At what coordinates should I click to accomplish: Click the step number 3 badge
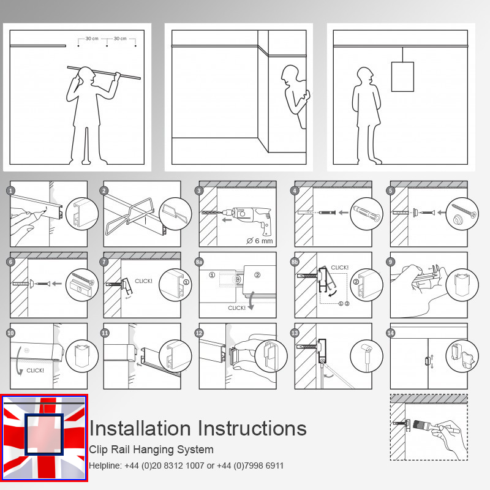pos(199,190)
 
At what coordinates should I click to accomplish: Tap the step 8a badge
pos(199,262)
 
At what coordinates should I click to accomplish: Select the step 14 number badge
pos(391,333)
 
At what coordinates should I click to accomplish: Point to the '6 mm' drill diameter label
pos(260,241)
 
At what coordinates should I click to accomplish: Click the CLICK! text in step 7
pos(143,281)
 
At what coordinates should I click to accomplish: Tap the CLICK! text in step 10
pos(35,371)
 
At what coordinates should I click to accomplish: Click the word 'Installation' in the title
pos(140,428)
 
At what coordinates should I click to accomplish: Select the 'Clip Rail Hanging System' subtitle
pos(151,450)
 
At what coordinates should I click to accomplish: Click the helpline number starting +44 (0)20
pos(164,466)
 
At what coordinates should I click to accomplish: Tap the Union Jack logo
pos(44,438)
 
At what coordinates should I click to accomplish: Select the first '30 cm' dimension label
pos(92,39)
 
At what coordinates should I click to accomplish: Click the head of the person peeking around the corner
pos(290,74)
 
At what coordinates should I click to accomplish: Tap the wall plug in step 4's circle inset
pos(366,213)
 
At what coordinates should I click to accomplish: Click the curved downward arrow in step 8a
pos(251,301)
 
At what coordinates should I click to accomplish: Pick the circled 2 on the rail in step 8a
pos(257,275)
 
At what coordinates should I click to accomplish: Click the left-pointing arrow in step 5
pos(441,213)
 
